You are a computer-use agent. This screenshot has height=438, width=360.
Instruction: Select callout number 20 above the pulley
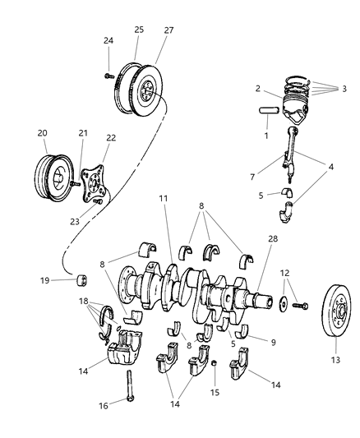[42, 131]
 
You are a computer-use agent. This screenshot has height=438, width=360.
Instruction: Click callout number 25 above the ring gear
[139, 30]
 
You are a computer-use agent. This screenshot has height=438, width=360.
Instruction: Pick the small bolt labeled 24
[108, 75]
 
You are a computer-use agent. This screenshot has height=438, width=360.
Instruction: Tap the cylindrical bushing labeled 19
[82, 281]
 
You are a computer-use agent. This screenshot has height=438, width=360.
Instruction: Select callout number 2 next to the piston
[257, 89]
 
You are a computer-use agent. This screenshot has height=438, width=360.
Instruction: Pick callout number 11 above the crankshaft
[164, 221]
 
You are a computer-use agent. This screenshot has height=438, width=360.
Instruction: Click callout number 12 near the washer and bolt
[284, 272]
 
